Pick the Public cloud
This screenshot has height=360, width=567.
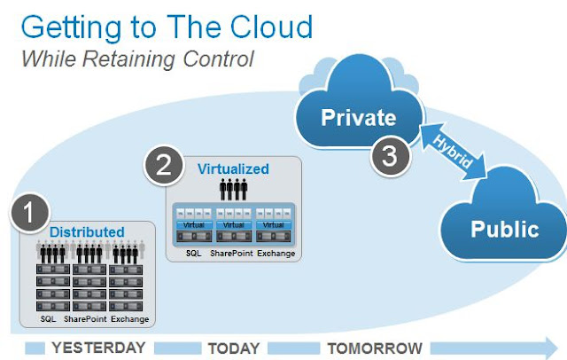(x=504, y=229)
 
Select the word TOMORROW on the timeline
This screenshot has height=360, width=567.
(x=374, y=347)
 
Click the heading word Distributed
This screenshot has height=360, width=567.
(x=87, y=232)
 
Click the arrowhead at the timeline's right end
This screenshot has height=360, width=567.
(x=550, y=346)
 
